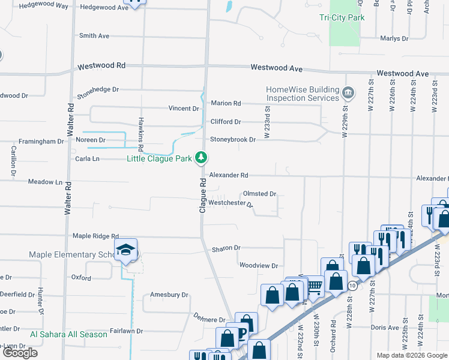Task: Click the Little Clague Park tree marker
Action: coord(202,158)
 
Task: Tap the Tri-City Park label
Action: coord(342,18)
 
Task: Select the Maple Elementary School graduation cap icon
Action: coord(126,250)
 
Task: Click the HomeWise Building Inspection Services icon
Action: coord(348,93)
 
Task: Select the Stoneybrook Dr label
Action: coord(232,140)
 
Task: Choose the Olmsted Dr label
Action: coord(259,194)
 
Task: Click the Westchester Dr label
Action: coord(231,203)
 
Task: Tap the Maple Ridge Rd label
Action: coord(95,236)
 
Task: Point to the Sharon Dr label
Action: coord(226,248)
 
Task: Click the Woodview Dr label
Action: coord(258,265)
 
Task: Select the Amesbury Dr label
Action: coord(169,295)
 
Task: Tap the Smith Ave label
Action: coord(94,36)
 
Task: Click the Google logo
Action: coord(20,353)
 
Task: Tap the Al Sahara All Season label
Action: coord(68,334)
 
